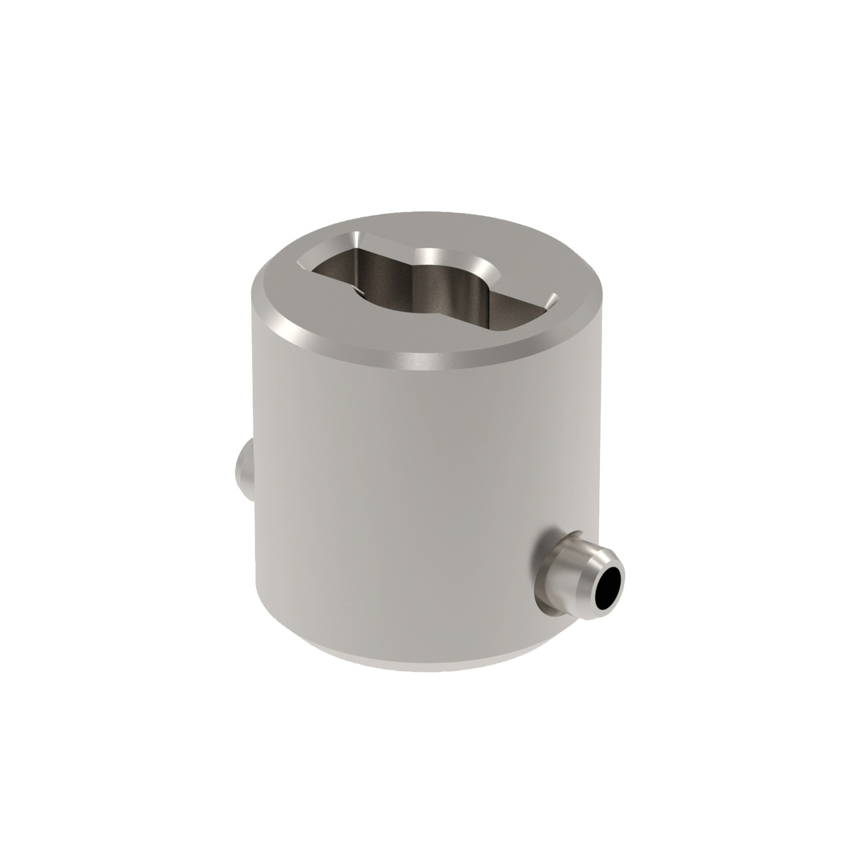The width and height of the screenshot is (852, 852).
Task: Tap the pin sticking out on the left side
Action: click(243, 469)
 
